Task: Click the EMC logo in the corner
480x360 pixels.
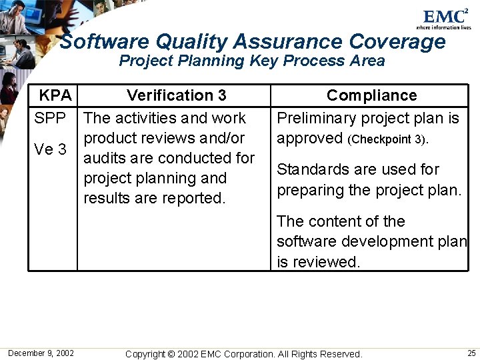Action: (445, 17)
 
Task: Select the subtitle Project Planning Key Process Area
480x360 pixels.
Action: (252, 61)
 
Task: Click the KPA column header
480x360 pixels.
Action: (55, 95)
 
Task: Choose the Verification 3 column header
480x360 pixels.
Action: (176, 95)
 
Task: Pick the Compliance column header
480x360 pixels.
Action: (371, 95)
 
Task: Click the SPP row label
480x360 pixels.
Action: (50, 119)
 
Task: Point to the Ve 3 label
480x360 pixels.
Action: (50, 149)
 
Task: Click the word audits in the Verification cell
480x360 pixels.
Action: (105, 159)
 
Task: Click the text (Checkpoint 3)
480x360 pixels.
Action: (389, 139)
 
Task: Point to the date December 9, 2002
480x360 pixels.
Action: (41, 353)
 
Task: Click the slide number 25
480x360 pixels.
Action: (471, 353)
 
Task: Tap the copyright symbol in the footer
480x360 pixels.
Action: (171, 354)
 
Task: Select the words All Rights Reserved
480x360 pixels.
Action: (319, 354)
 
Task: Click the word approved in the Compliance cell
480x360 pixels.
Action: (309, 139)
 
